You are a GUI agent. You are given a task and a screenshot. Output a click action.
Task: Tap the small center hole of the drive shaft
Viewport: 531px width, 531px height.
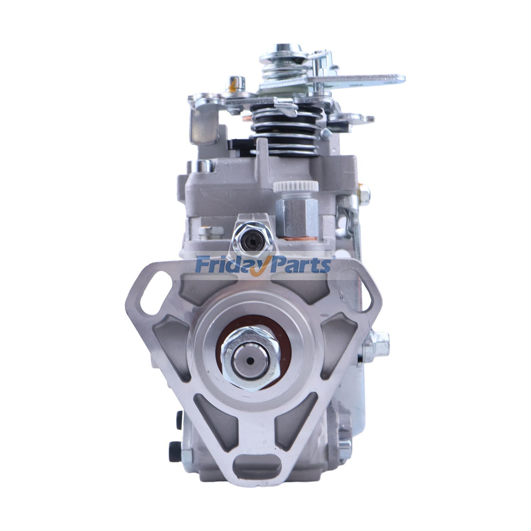tap(251, 361)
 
